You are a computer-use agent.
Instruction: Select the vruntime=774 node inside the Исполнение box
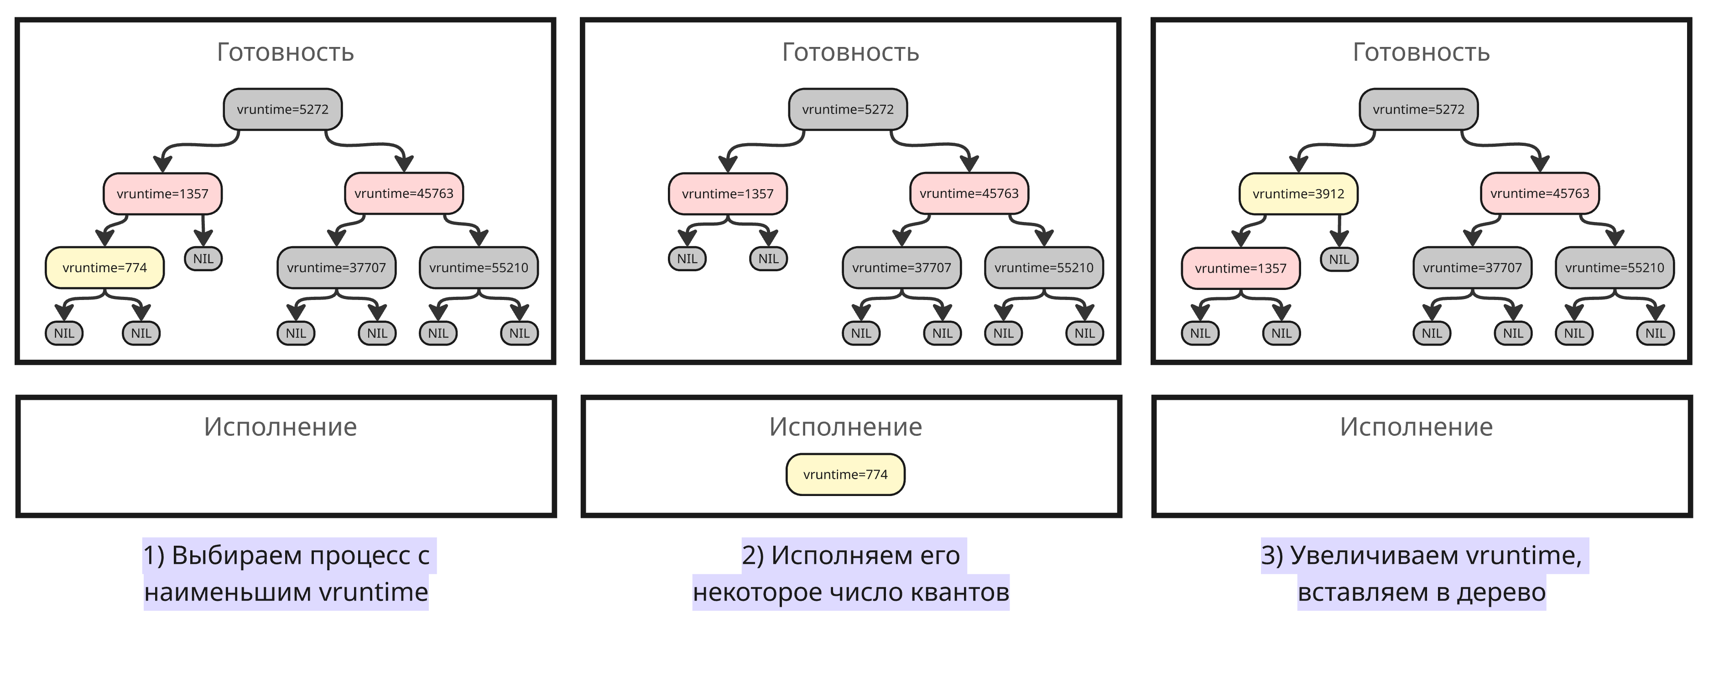pos(845,474)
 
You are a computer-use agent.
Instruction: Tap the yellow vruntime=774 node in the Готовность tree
pos(105,268)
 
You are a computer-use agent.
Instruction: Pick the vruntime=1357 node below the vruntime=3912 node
pos(1240,268)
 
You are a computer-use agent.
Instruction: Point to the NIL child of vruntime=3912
pos(1339,259)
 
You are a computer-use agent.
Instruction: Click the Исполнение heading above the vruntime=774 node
pos(845,427)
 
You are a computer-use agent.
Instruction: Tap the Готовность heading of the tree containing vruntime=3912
pos(1421,52)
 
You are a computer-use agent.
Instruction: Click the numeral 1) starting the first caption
pos(153,555)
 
